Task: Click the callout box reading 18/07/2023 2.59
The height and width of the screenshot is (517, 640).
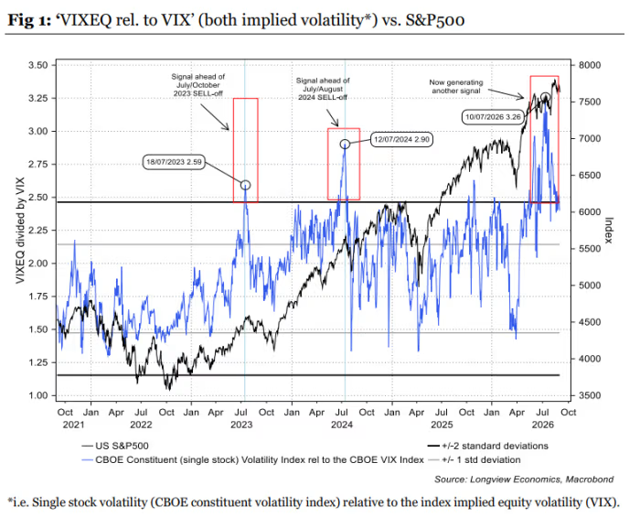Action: (174, 162)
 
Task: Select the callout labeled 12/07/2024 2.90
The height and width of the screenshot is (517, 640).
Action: (401, 140)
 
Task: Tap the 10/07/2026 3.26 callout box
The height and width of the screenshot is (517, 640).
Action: (493, 117)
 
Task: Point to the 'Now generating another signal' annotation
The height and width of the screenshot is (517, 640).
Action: (456, 87)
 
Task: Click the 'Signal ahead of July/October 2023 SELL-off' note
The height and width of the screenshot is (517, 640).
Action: (198, 85)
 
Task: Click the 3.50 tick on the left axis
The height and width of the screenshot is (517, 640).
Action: (38, 65)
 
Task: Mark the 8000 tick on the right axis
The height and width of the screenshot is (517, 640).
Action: (590, 65)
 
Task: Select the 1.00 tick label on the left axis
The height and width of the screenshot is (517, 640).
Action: (38, 395)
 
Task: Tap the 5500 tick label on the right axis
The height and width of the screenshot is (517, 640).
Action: (590, 249)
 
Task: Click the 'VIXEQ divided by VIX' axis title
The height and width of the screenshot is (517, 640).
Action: (20, 231)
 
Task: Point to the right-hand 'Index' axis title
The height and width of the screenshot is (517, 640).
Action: (609, 231)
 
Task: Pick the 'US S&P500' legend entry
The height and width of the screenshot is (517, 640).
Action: (115, 446)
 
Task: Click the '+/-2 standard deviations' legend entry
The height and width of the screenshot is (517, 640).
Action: (487, 446)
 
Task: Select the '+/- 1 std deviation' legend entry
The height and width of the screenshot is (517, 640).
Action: (475, 460)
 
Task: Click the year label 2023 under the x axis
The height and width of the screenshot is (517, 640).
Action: (241, 425)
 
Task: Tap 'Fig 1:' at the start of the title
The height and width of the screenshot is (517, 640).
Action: (29, 20)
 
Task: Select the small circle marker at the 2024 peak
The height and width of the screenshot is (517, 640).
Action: (345, 144)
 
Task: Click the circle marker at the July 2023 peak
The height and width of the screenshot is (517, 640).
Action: (245, 185)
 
